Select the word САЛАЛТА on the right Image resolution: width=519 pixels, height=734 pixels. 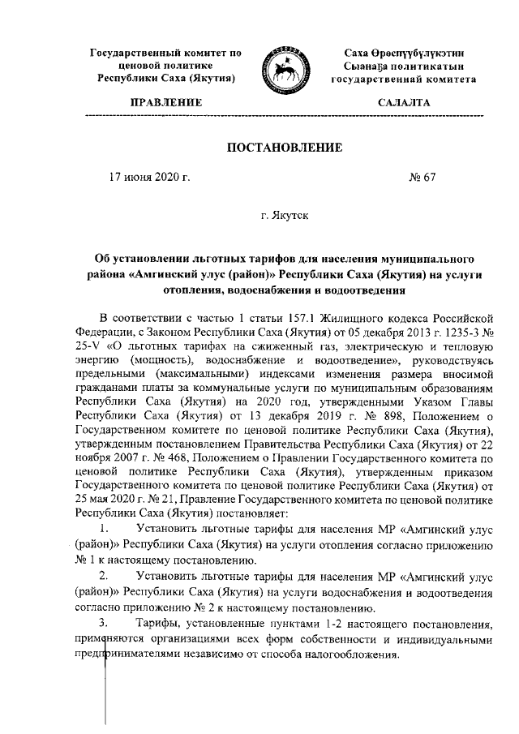click(x=404, y=103)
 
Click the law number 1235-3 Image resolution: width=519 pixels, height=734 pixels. click(x=448, y=329)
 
